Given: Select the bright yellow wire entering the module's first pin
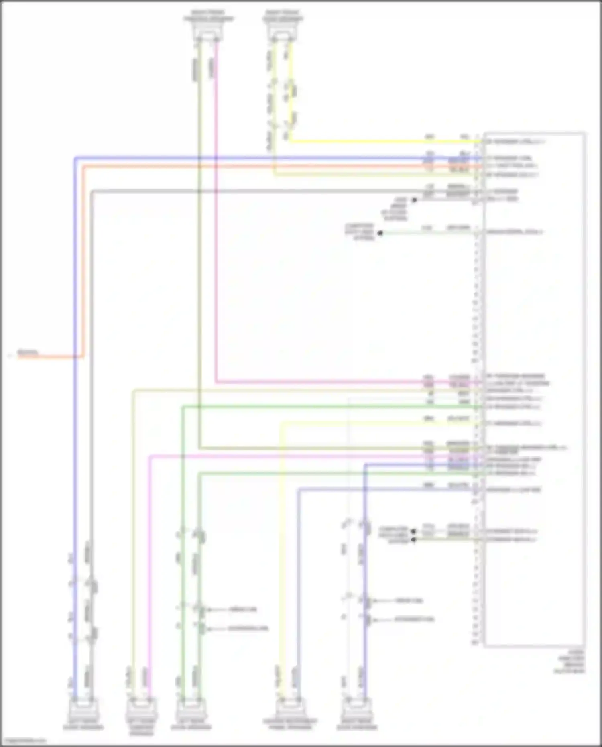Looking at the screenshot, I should click(381, 141).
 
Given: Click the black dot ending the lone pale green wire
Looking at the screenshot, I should click(380, 232).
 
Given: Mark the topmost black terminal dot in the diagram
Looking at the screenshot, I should click(414, 199).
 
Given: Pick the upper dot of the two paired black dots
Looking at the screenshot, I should click(413, 531).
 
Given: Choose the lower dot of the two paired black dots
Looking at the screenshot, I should click(413, 539).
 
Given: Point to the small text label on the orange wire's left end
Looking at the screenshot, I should click(27, 352).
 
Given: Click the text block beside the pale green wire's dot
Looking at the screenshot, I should click(360, 232).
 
